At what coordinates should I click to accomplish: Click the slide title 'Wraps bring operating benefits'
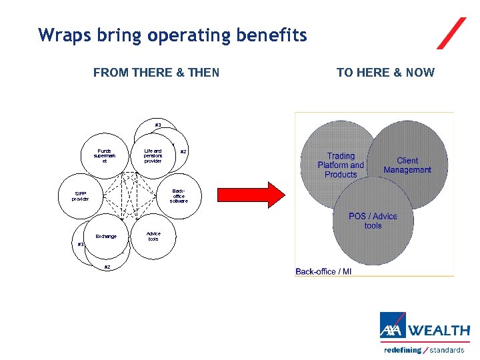[173, 35]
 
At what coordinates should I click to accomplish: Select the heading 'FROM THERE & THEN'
[156, 73]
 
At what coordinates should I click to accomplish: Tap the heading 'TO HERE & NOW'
[385, 73]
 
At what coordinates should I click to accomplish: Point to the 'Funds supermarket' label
[104, 156]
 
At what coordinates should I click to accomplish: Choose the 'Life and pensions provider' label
[153, 156]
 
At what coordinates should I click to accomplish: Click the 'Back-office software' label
[179, 195]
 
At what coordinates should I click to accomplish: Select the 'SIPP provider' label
[80, 196]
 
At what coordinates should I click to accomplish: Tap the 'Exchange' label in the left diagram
[105, 236]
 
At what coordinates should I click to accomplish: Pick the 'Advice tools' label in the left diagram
[153, 236]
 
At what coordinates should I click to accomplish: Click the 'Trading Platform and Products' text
[341, 165]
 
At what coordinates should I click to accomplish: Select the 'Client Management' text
[407, 165]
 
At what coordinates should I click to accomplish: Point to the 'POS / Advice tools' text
[373, 221]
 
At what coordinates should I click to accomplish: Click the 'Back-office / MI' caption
[323, 271]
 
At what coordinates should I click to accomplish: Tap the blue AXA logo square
[393, 327]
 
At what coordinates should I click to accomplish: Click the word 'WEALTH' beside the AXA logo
[438, 330]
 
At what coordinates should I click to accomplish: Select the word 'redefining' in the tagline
[403, 350]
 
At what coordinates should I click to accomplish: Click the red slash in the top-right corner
[452, 33]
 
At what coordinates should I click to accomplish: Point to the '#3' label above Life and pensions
[158, 125]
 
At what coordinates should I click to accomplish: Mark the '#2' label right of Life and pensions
[183, 152]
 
